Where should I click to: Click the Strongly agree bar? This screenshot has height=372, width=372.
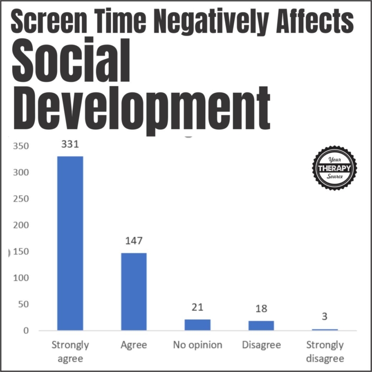70,243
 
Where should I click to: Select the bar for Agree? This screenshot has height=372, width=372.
134,292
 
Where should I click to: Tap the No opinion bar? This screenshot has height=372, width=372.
198,325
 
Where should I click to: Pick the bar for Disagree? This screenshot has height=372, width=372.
261,326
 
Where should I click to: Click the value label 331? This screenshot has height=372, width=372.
70,144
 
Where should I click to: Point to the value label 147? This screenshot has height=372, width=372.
134,241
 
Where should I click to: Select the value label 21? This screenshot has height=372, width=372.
198,308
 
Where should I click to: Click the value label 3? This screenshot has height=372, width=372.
325,317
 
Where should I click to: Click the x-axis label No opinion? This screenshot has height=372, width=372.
198,346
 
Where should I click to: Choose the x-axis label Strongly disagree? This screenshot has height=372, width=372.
325,352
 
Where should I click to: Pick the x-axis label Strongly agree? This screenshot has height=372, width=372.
70,352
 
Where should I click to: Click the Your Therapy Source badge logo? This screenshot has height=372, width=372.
335,168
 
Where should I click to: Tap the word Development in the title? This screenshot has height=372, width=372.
140,106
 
